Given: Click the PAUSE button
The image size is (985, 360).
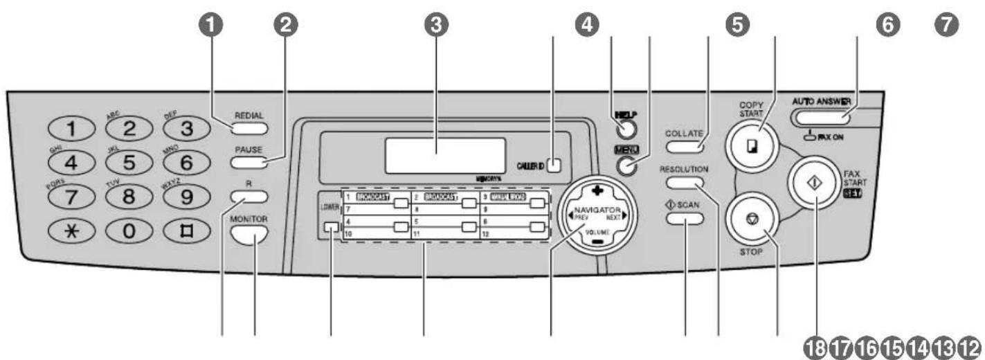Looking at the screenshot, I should click(248, 163).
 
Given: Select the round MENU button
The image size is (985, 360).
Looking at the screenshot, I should click(626, 167).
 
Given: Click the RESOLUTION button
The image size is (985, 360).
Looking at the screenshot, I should click(685, 183).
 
